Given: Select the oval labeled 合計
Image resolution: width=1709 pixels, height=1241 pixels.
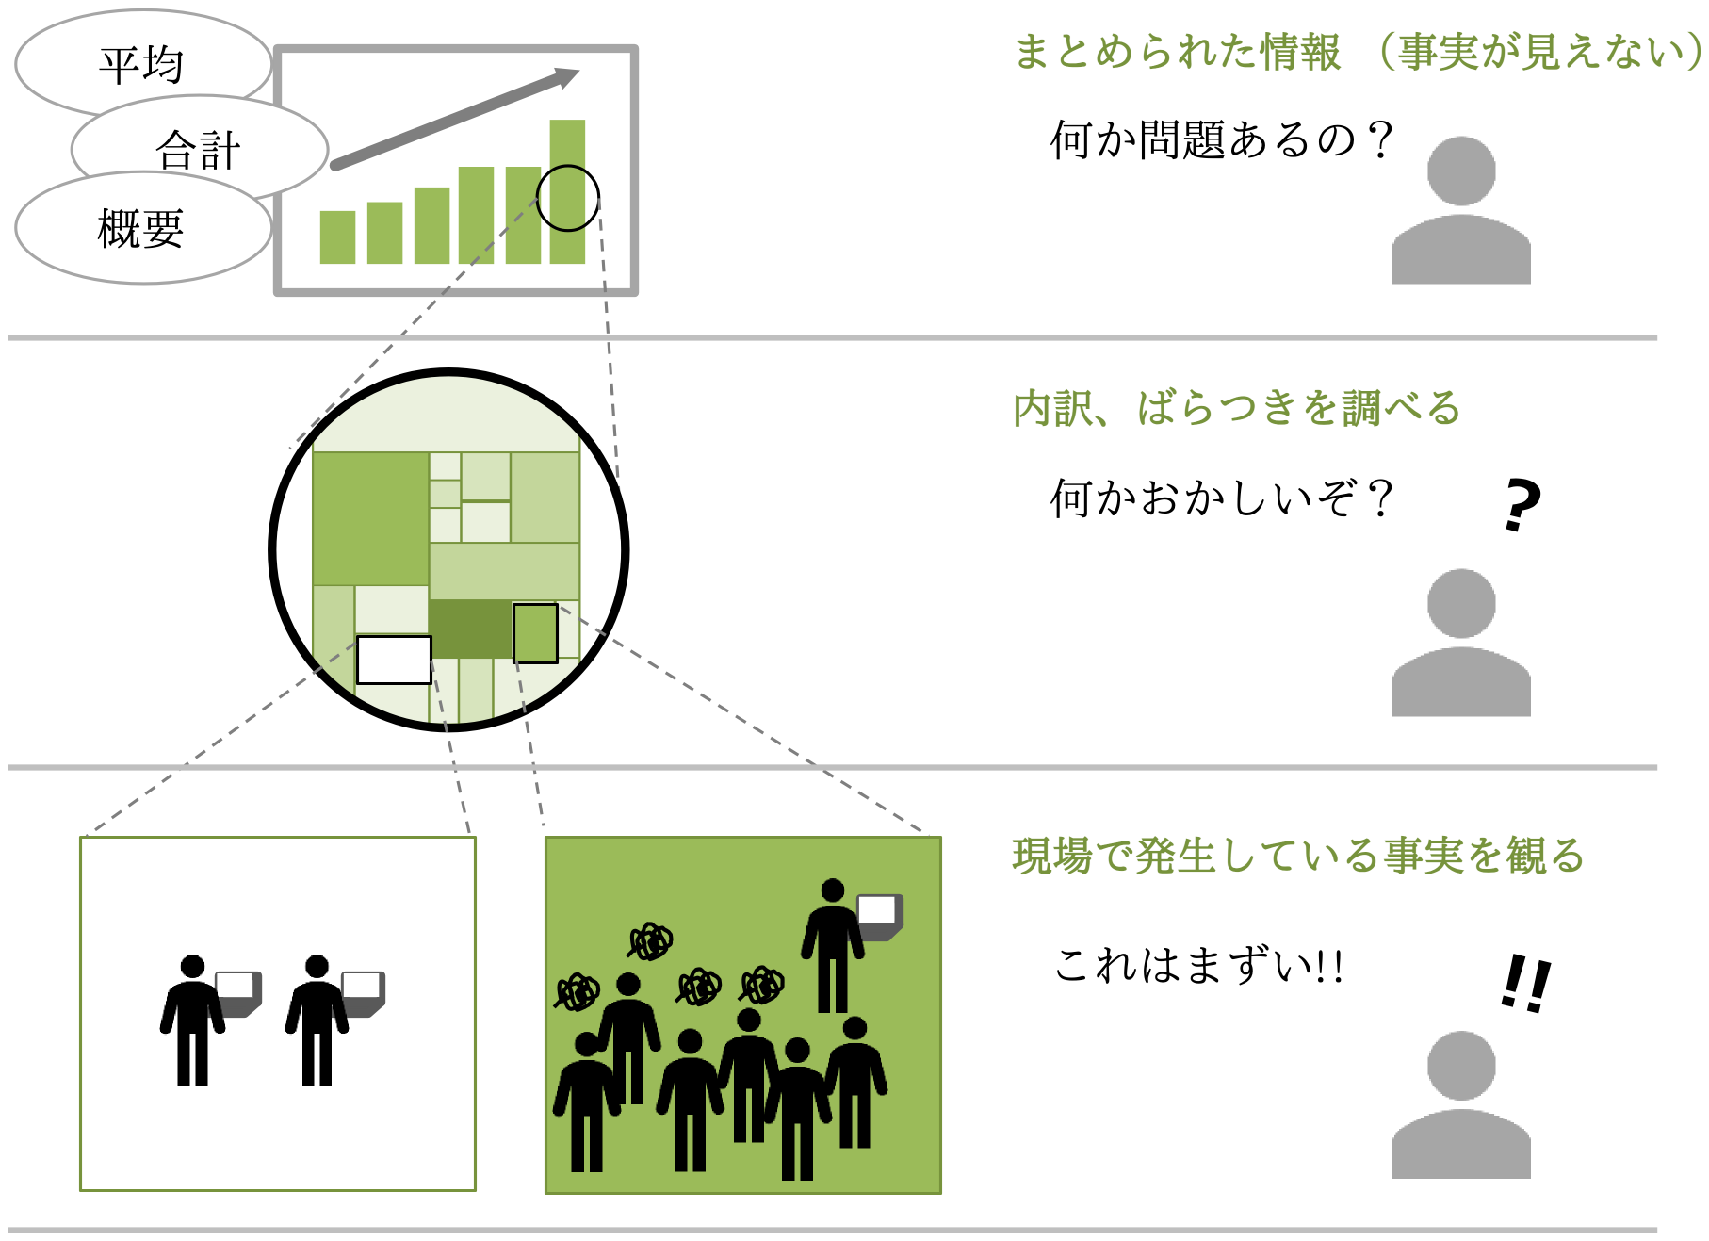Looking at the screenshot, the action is click(x=200, y=149).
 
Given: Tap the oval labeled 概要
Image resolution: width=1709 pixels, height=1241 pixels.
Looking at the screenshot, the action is click(x=143, y=228).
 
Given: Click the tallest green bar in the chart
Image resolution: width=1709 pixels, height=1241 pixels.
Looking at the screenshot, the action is click(x=567, y=191).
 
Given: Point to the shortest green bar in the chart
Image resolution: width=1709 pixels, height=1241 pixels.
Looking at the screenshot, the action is click(x=337, y=237).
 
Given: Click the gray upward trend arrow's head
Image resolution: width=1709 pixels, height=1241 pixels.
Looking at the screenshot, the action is click(x=567, y=76).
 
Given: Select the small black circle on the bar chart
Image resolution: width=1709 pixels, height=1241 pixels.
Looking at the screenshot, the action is click(x=568, y=198).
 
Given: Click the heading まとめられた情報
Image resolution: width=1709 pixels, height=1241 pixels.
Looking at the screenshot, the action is click(x=1177, y=51).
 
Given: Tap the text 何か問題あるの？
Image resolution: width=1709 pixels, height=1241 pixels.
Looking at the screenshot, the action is click(x=1222, y=140).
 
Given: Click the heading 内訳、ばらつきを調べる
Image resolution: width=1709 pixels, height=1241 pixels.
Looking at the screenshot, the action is click(x=1236, y=408).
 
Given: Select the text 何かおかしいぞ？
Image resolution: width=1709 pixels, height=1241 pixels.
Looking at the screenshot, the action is click(x=1222, y=498).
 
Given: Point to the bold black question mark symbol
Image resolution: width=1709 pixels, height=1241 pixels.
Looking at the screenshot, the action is click(x=1522, y=505).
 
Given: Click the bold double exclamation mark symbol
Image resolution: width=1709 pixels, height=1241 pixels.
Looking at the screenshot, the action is click(x=1525, y=984).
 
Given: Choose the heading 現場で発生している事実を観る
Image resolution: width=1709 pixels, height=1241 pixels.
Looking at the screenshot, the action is click(x=1298, y=856).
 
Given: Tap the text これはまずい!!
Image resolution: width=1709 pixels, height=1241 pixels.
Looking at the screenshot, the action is click(x=1198, y=966).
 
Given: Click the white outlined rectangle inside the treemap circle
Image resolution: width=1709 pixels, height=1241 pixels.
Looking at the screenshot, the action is click(x=395, y=660).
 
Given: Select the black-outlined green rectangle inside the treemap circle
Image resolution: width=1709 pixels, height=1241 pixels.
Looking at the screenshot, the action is click(x=535, y=633).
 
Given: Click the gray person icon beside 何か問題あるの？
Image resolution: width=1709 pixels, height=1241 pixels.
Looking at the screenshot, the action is click(x=1461, y=211).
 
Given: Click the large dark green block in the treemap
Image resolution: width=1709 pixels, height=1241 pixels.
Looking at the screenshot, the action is click(x=470, y=629).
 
